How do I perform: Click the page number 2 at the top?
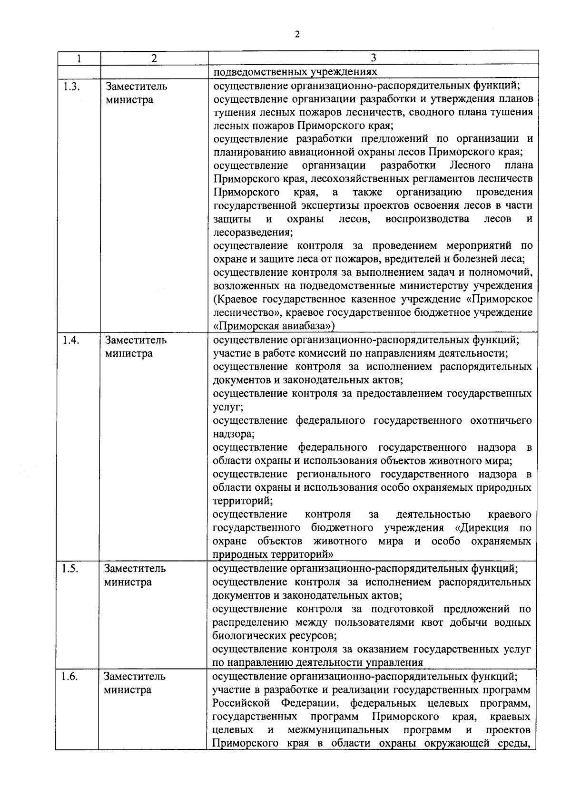point(297,34)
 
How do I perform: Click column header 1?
point(79,58)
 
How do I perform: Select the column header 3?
point(374,58)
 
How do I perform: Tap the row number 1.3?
point(70,87)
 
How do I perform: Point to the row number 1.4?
point(70,340)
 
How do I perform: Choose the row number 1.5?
point(70,569)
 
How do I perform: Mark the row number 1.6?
point(70,676)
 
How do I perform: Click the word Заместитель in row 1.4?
point(136,340)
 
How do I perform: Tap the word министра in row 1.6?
point(128,690)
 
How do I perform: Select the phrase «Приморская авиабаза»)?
point(274,326)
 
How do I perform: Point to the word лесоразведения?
point(253,233)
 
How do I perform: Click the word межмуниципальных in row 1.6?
point(338,730)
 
